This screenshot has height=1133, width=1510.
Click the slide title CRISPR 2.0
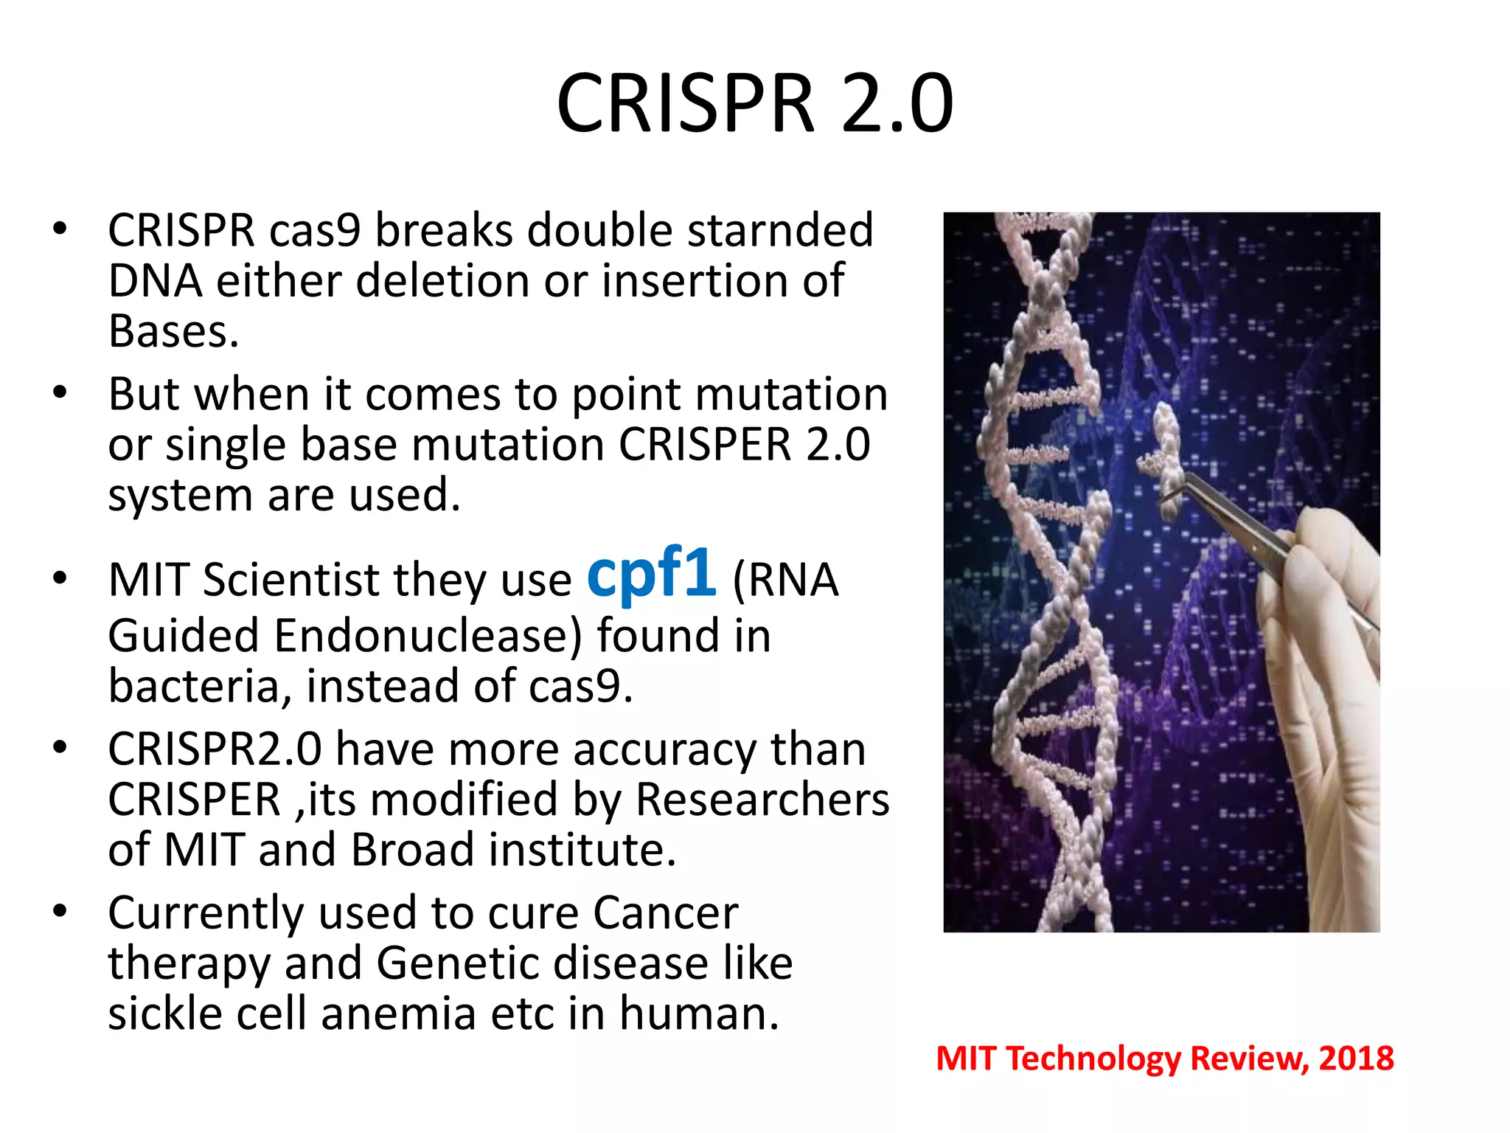click(754, 103)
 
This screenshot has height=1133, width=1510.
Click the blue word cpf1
click(650, 573)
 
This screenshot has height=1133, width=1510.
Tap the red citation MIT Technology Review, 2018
click(1164, 1058)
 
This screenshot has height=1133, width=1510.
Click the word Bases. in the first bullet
click(174, 331)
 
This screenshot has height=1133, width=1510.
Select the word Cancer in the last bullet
click(665, 913)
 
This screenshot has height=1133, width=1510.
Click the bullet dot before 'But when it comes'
click(60, 392)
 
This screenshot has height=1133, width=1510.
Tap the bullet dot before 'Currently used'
click(60, 912)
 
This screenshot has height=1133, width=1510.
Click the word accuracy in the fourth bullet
click(664, 750)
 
